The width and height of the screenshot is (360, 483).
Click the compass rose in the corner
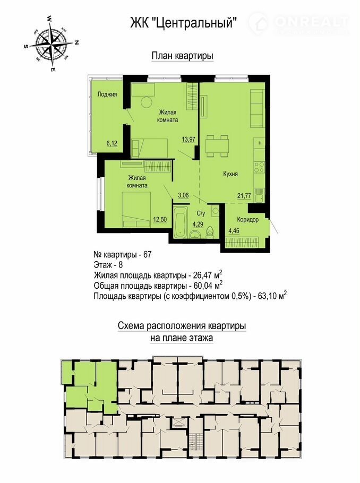point(50,44)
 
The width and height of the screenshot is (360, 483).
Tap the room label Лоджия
point(107,94)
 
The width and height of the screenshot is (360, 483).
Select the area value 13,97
point(188,139)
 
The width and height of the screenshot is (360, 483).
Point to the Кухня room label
point(230,174)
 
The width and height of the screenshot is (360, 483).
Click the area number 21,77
point(244,195)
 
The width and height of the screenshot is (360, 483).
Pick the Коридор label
point(248,220)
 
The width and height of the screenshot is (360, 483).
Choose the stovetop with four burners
point(259,167)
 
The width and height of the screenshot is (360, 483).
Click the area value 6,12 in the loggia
point(112,143)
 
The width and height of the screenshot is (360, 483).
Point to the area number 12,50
point(160,219)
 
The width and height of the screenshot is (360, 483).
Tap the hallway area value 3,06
point(183,195)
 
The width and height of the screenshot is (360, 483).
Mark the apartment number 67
point(147,255)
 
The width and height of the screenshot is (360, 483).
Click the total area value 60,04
point(202,285)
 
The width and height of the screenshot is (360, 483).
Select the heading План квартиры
point(183,56)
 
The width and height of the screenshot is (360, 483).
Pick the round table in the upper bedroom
point(147,102)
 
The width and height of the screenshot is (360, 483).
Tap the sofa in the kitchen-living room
point(257,108)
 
